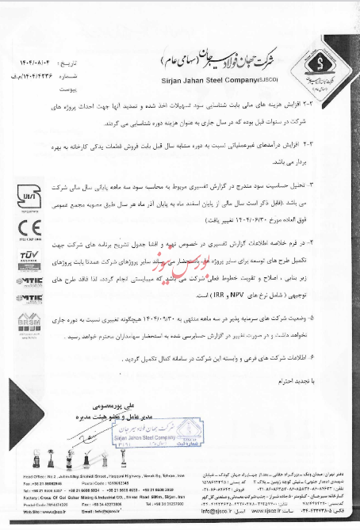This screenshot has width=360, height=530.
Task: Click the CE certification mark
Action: [x=22, y=224]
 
